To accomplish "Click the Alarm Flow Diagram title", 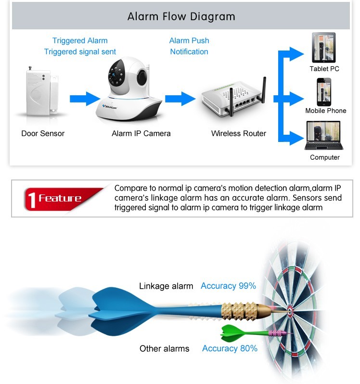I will tap(181, 16).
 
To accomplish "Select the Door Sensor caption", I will tap(43, 133).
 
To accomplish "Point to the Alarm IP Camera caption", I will tap(141, 133).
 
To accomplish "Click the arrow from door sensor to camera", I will tap(85, 99).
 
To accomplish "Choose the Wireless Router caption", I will tap(239, 133).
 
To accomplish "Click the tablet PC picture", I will tap(324, 48).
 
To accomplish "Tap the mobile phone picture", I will tap(324, 91).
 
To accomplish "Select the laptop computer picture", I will tap(323, 136).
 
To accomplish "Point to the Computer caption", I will tap(324, 157).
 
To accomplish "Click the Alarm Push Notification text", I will tap(189, 46).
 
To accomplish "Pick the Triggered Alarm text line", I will tap(80, 41).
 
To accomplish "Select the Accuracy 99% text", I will tap(228, 286).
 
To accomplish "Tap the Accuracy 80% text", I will tap(230, 348).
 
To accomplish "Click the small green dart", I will tap(255, 332).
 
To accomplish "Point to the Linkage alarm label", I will tap(166, 286).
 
